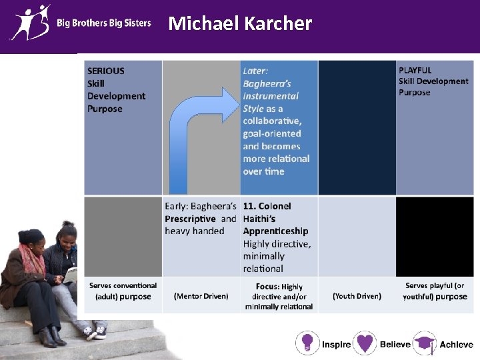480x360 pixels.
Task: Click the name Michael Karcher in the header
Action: click(240, 24)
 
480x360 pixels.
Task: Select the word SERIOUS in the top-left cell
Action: click(106, 71)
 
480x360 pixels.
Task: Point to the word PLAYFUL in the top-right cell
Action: click(415, 70)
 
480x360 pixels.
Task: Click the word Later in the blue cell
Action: click(255, 71)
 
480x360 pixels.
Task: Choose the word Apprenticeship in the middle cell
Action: click(275, 231)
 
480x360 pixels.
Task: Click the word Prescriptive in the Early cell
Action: click(191, 219)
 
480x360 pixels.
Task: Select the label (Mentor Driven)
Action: click(201, 296)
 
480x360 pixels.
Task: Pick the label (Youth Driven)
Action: click(357, 296)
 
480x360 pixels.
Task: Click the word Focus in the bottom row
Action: click(267, 287)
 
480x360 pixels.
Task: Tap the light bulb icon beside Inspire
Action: click(307, 343)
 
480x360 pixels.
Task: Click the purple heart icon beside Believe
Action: click(365, 343)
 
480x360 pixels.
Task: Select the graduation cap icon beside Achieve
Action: click(425, 343)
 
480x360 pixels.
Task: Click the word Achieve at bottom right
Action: click(456, 345)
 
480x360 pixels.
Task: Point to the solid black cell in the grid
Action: click(435, 237)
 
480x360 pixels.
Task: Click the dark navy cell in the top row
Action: click(357, 127)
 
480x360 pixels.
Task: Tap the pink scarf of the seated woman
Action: click(30, 257)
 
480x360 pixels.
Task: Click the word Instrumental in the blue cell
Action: click(271, 96)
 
